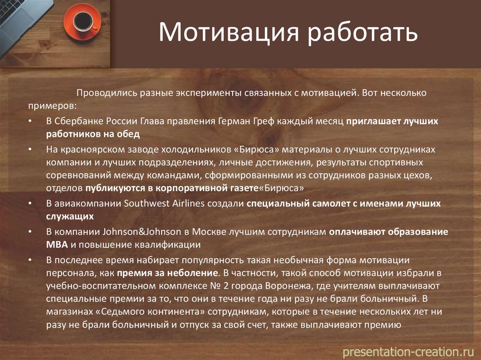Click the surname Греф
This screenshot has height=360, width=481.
264,121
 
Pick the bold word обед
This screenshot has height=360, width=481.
128,134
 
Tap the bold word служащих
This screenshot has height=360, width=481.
70,216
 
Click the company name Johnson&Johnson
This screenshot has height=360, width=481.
142,231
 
